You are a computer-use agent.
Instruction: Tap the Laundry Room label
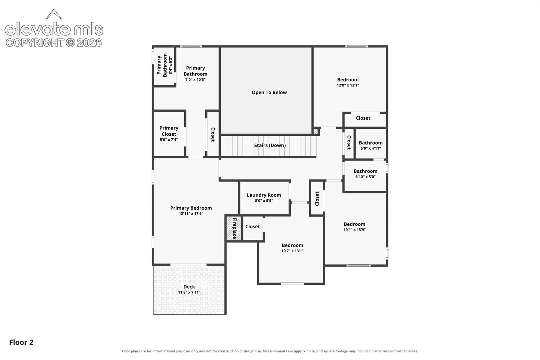coord(264,195)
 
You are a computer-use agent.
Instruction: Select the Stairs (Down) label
coord(270,145)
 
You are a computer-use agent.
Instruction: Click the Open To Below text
coord(269,92)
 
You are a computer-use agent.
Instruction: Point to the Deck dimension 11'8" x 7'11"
coord(189,292)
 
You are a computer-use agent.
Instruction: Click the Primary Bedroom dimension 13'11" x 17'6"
coord(191,214)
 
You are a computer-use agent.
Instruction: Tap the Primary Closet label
coord(169,131)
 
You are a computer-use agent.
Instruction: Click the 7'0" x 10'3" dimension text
coord(196,80)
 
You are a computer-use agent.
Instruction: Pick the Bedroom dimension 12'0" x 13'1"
coord(348,85)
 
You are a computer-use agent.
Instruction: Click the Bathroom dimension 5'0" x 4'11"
coord(371,148)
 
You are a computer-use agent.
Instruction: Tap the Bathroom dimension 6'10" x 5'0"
coord(365,177)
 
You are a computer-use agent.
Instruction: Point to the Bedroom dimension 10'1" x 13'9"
coord(355,230)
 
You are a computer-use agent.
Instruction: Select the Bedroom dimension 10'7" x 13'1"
coord(292,251)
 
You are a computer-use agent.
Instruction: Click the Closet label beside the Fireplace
coord(253,227)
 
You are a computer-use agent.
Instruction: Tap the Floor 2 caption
coord(21,342)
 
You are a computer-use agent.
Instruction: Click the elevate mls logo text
coord(54,29)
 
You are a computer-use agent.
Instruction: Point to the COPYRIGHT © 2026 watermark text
coord(54,43)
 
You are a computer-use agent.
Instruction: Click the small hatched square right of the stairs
coord(316,131)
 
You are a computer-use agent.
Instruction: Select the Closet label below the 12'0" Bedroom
coord(363,118)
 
